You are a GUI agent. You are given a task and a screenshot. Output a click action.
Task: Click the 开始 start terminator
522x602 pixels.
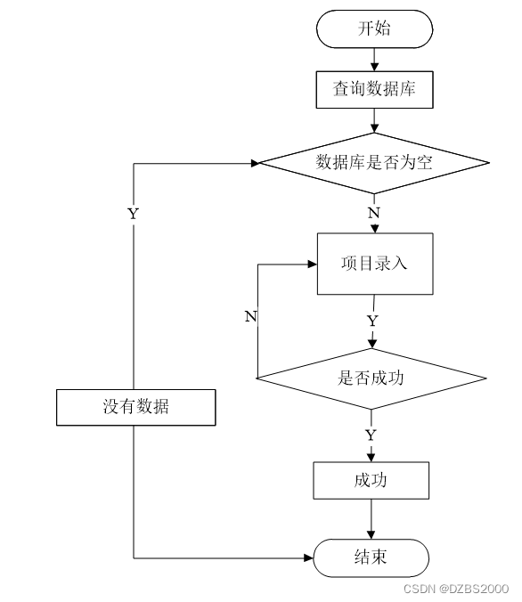click(x=374, y=29)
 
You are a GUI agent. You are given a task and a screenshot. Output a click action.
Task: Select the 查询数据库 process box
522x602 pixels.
click(x=374, y=89)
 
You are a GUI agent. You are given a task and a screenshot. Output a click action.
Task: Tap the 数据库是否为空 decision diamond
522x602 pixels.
click(x=374, y=163)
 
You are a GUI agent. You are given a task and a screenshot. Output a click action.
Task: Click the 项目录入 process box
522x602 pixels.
click(x=375, y=264)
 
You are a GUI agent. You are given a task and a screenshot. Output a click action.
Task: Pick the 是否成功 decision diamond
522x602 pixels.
click(x=371, y=378)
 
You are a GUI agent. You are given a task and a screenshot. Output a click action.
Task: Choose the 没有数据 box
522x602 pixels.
click(x=136, y=407)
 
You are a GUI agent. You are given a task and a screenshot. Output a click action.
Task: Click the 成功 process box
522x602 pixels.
click(x=371, y=480)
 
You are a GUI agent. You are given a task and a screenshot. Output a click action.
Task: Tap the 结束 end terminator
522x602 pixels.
click(x=371, y=557)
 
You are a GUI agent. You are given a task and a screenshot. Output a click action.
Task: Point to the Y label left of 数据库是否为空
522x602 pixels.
click(x=133, y=214)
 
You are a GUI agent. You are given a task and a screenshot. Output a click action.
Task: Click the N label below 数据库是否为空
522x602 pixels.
click(x=374, y=213)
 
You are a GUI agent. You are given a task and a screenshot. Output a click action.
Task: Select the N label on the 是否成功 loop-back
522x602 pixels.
click(x=251, y=316)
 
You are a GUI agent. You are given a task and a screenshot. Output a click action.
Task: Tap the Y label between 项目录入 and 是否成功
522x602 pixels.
click(x=372, y=321)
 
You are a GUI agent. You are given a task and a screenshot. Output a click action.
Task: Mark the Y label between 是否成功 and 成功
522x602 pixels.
click(x=371, y=435)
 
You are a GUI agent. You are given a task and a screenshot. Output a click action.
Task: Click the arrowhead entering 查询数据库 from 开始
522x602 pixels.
click(x=374, y=67)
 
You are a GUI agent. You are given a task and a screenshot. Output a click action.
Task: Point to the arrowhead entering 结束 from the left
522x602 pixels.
click(x=308, y=557)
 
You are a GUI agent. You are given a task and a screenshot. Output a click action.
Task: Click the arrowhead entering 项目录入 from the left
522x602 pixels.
click(x=313, y=264)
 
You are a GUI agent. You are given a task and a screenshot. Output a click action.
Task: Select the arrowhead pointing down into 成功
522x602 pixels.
click(x=371, y=457)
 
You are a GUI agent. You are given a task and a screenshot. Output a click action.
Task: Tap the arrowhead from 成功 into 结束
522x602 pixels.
click(x=371, y=534)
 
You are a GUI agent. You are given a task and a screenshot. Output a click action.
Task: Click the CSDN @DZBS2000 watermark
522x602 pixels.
click(x=456, y=589)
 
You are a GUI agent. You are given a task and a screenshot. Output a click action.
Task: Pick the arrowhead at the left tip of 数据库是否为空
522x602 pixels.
click(x=256, y=164)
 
